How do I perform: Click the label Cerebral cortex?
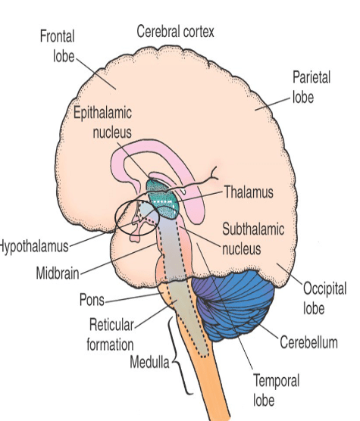point(175,32)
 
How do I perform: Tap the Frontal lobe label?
point(58,46)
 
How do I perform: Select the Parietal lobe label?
point(311,87)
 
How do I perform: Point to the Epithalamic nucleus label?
point(102,123)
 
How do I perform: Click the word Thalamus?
point(249,192)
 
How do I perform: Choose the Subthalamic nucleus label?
point(253,239)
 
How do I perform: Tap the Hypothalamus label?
point(34,247)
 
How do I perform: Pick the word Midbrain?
point(58,273)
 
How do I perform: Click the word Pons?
point(92,300)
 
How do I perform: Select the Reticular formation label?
point(111,335)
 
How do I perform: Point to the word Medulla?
point(149,362)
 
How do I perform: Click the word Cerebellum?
point(308,342)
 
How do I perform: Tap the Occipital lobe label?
point(325,298)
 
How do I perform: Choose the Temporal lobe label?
point(276,390)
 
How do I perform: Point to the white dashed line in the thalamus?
point(164,201)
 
